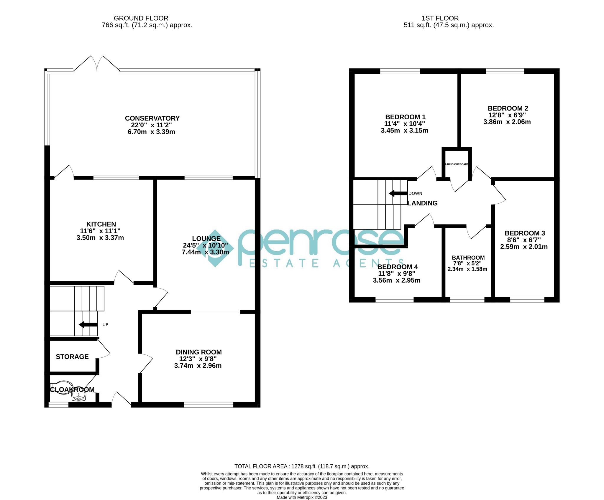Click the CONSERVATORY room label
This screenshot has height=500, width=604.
152,118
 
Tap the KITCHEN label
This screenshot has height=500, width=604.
101,224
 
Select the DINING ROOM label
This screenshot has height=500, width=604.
199,352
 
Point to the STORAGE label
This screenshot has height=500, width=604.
72,357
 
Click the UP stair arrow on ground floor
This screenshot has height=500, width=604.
88,325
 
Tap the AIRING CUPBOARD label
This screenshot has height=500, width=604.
457,164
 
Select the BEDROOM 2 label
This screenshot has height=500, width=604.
508,108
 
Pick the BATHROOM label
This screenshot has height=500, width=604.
468,258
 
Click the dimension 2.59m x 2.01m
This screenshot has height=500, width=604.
524,247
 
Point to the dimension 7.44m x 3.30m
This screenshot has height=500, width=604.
205,252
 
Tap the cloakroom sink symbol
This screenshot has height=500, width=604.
79,398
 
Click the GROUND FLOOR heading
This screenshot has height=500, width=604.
141,18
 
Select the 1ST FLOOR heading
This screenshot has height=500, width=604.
440,18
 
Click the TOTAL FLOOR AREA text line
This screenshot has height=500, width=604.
302,466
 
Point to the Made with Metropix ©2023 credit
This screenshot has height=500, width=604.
302,497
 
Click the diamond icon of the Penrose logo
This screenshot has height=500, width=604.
215,248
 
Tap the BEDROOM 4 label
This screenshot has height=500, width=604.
398,267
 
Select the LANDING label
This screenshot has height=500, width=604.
422,203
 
